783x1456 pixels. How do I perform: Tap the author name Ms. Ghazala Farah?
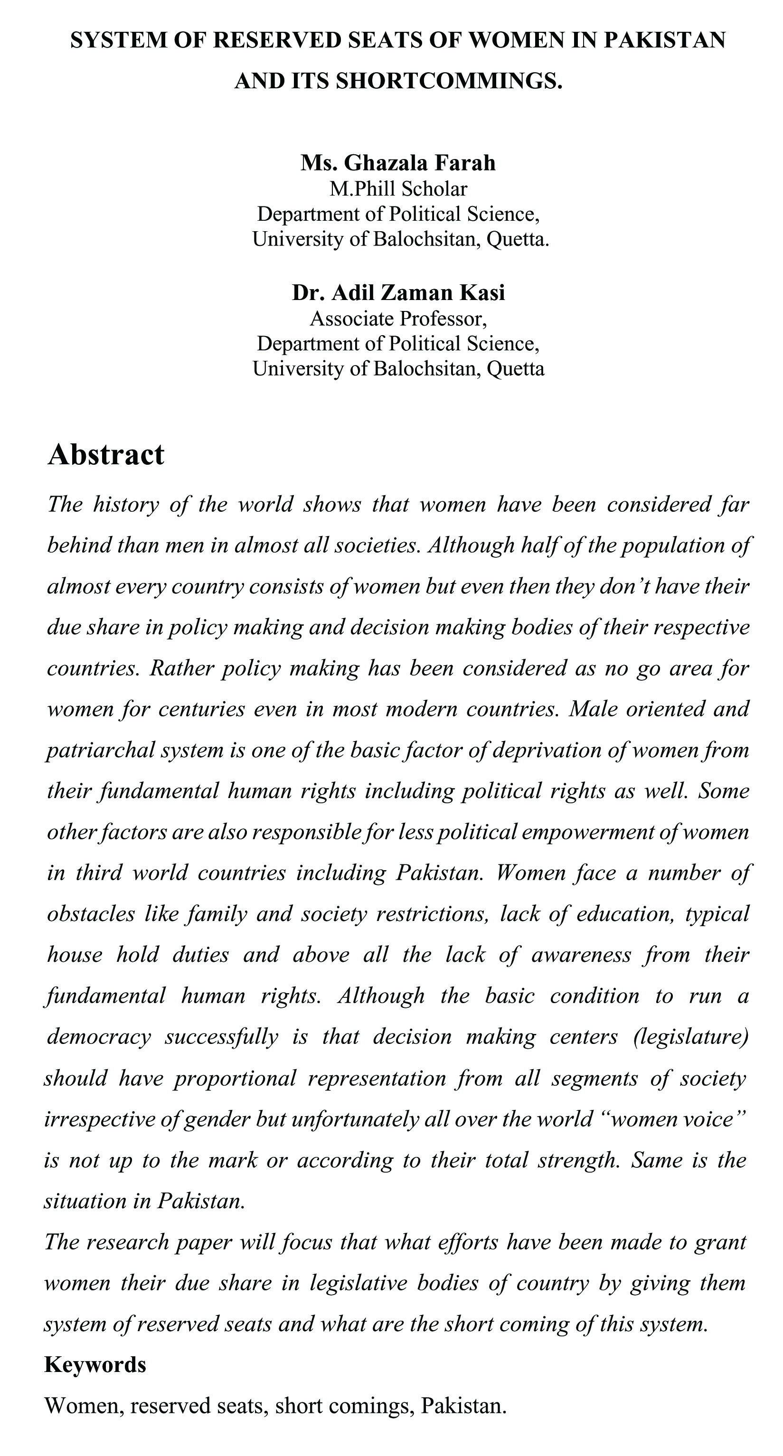pyautogui.click(x=398, y=163)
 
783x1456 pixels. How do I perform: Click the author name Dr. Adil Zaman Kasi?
pyautogui.click(x=398, y=293)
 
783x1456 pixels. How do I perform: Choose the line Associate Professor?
pyautogui.click(x=398, y=319)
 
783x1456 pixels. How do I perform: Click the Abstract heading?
pyautogui.click(x=106, y=454)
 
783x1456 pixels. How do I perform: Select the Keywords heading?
pyautogui.click(x=95, y=1364)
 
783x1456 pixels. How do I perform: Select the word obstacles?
pyautogui.click(x=90, y=914)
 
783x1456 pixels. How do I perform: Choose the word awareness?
pyautogui.click(x=581, y=955)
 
